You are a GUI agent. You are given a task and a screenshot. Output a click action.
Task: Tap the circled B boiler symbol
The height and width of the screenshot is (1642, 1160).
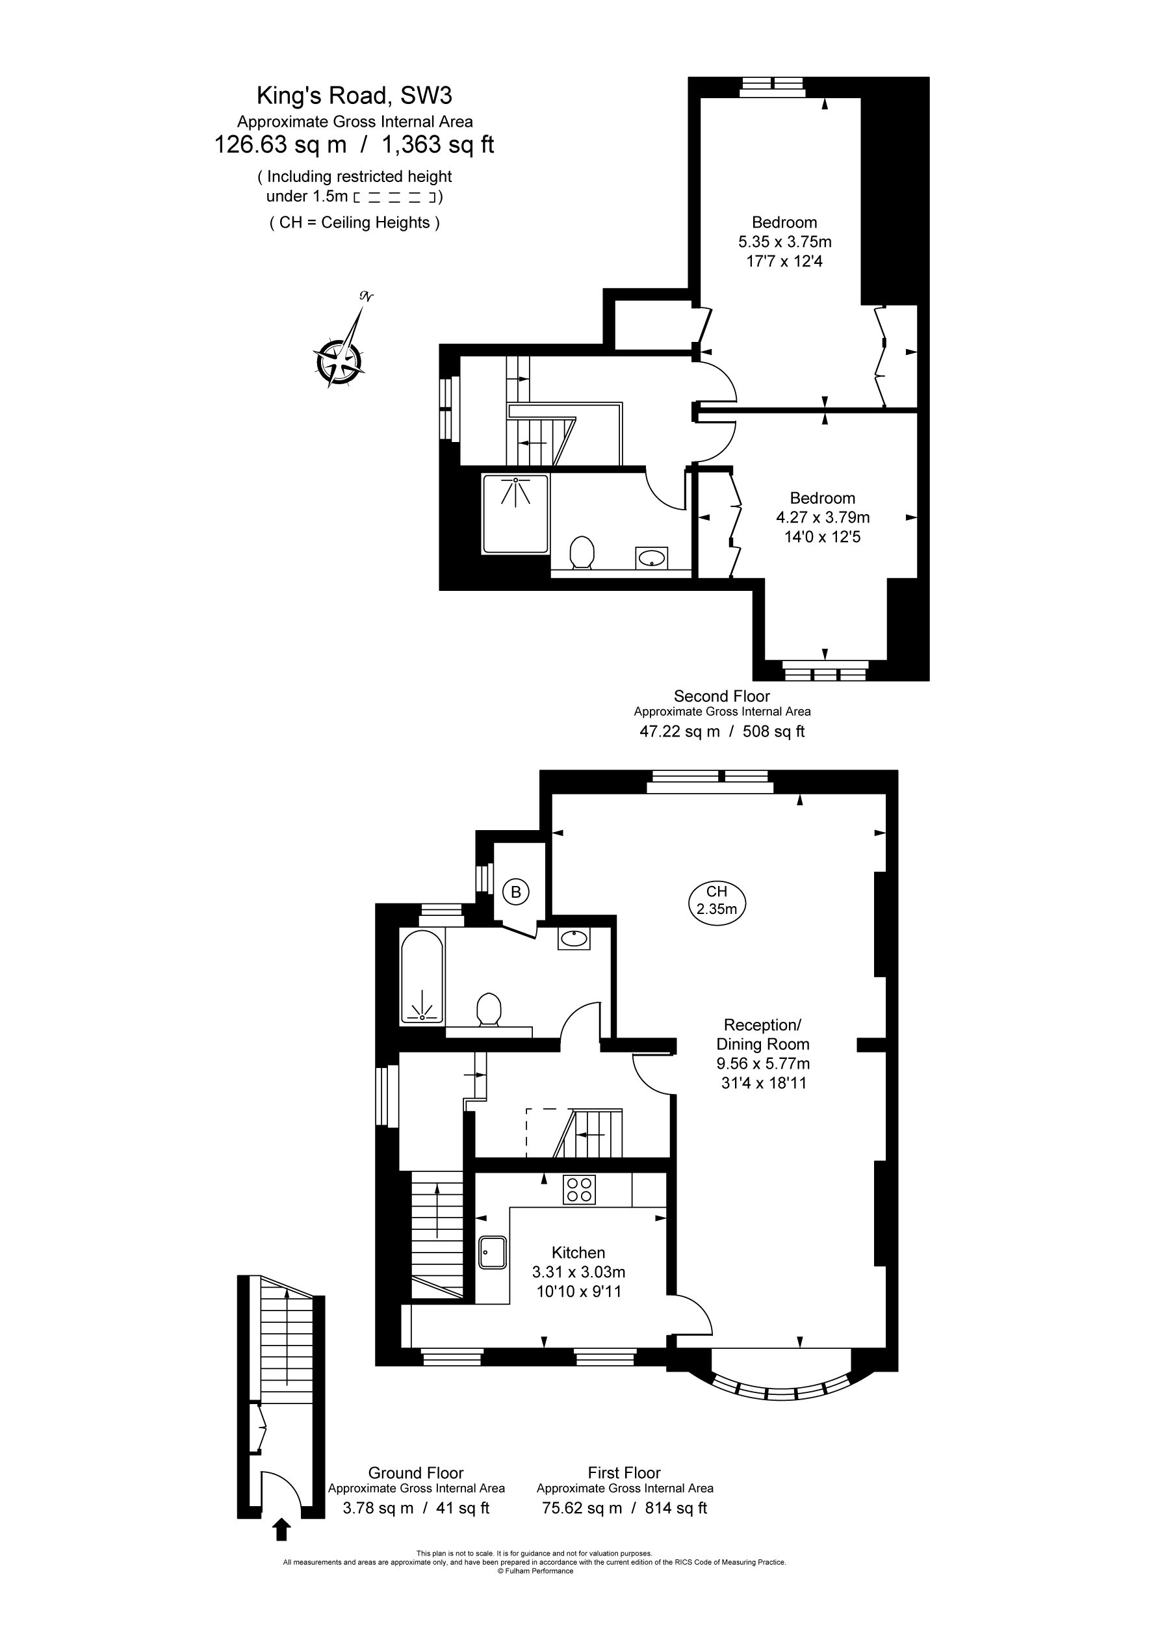[515, 893]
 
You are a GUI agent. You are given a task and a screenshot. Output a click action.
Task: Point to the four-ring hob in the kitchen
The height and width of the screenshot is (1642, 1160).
[579, 1190]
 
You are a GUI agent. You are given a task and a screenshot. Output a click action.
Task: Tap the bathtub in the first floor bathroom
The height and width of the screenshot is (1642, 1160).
[422, 977]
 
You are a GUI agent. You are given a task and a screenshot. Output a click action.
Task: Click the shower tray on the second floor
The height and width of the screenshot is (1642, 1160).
[515, 514]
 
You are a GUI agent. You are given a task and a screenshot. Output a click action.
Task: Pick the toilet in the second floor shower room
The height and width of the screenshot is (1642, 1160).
[582, 553]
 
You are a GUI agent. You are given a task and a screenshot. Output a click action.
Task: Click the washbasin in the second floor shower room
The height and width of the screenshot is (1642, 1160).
[652, 558]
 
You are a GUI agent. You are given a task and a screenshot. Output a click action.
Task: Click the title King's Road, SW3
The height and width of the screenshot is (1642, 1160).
[355, 95]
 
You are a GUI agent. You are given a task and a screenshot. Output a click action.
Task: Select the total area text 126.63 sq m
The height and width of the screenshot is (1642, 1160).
[280, 145]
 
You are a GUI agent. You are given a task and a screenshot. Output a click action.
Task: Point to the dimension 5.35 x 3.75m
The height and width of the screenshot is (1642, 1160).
[784, 242]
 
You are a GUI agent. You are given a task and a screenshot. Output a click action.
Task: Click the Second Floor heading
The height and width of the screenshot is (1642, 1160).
[721, 696]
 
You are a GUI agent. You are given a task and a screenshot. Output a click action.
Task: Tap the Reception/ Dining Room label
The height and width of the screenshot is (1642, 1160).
[763, 1034]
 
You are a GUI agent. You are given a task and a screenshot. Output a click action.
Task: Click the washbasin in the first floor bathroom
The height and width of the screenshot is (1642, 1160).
[574, 937]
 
